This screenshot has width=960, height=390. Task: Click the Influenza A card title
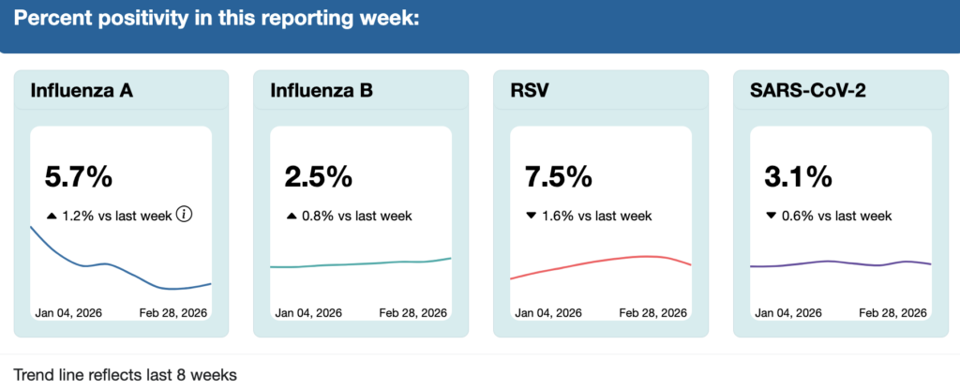coord(82,91)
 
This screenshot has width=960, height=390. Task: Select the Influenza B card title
coord(322,91)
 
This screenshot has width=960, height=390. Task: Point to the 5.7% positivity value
coord(79,176)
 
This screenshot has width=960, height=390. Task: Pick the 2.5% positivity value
coord(319,176)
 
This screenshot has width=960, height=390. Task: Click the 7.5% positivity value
coord(559,176)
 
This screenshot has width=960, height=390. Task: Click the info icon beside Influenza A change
coord(185,215)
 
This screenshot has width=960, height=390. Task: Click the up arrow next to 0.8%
coord(292,216)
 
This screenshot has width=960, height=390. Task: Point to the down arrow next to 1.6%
coord(532,216)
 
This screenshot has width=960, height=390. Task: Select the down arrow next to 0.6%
coord(772,216)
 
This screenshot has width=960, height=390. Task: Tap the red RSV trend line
coord(600,260)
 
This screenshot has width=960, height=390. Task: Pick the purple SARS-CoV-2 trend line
coord(825,262)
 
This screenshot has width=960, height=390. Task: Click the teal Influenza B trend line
coord(356,264)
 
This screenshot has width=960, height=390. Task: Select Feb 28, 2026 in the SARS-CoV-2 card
coord(893,312)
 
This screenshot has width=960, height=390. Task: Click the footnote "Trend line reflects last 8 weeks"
coord(126,375)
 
